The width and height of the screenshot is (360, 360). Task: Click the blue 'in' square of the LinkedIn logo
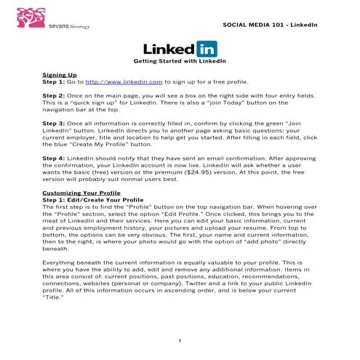tap(206, 49)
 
